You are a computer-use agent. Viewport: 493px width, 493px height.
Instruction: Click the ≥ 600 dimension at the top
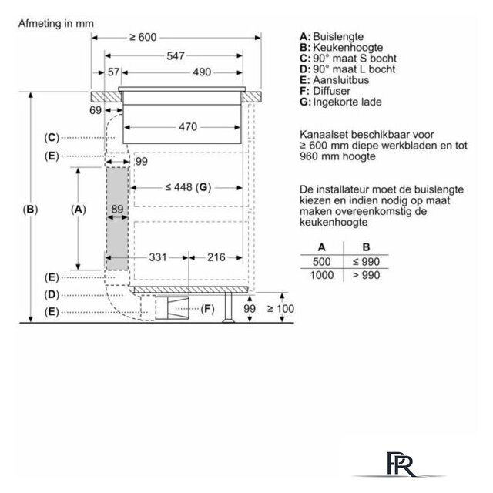point(143,38)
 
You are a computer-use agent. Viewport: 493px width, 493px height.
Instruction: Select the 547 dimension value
point(176,56)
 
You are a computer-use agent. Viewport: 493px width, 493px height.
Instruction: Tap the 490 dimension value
point(202,72)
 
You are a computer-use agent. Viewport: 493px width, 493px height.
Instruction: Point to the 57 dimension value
point(113,72)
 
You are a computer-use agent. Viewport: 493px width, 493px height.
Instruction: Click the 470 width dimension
point(188,127)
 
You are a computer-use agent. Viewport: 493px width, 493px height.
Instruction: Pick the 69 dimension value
point(96,110)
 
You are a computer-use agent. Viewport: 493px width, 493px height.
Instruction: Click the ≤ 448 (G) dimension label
point(188,188)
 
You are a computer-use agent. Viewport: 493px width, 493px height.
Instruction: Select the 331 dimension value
point(157,257)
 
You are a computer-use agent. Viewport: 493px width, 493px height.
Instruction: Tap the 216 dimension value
point(216,257)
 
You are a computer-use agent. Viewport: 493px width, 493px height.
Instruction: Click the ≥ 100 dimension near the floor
point(280,309)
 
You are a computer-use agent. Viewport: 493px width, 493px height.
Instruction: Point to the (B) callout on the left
point(30,210)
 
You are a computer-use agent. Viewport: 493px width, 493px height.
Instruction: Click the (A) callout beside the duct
point(79,210)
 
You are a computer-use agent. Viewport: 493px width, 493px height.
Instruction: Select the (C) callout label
point(52,138)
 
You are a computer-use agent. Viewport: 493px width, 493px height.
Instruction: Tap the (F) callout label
point(207,309)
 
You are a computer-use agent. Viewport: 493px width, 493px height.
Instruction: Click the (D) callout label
point(52,295)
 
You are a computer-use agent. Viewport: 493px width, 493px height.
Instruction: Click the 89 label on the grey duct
point(117,209)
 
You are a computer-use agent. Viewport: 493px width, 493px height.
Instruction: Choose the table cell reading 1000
point(322,276)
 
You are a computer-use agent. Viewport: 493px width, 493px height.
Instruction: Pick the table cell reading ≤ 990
point(367,262)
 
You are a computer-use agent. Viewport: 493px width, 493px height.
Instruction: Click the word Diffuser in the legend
point(331,91)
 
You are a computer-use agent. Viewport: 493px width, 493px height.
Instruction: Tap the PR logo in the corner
point(401,464)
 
